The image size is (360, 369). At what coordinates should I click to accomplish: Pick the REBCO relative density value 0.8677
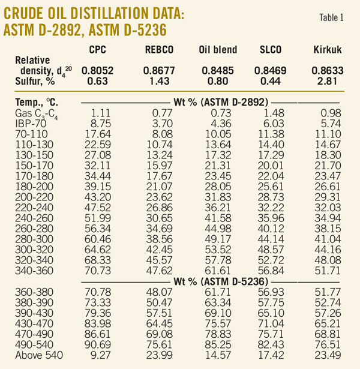[x=155, y=71]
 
